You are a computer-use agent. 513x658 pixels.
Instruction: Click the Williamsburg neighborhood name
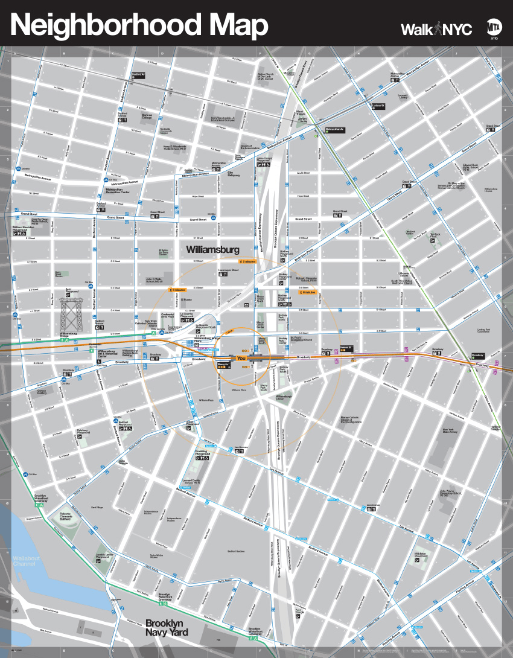[212, 249]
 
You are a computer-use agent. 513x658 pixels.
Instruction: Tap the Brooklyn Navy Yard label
[166, 627]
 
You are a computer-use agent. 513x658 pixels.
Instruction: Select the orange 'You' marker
[241, 359]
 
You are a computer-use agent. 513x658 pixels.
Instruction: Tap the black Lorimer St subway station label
[378, 106]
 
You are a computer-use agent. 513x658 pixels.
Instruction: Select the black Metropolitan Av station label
[334, 129]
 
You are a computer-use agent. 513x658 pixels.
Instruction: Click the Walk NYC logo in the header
[436, 29]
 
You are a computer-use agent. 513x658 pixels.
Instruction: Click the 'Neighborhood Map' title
[139, 26]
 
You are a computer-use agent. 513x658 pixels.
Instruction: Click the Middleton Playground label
[421, 554]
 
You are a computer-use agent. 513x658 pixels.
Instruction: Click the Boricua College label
[147, 116]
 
